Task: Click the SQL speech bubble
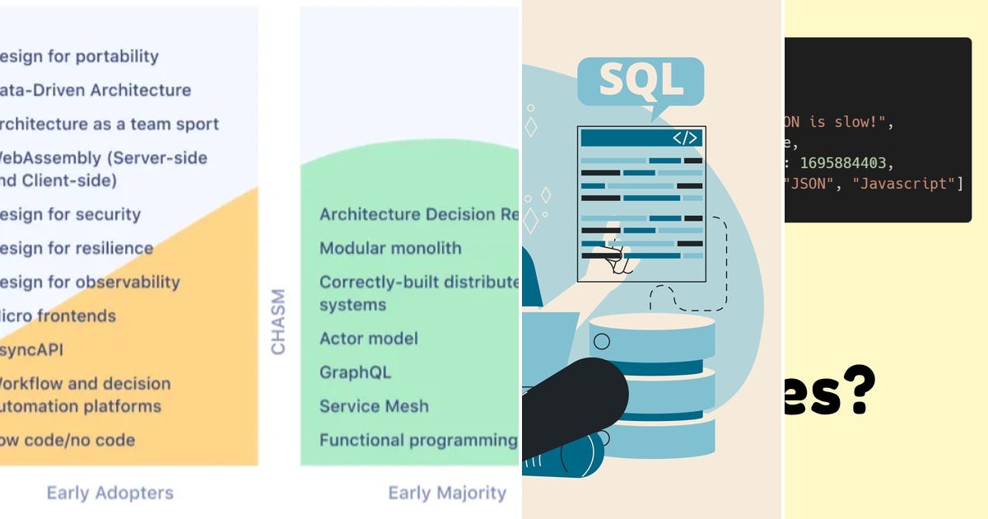(641, 81)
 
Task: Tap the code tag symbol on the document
(685, 138)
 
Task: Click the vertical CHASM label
(278, 321)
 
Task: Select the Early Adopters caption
(110, 493)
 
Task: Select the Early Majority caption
(447, 493)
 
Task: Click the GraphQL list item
(355, 372)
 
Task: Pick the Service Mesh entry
(374, 406)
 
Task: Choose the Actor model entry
(369, 339)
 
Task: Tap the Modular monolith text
(390, 248)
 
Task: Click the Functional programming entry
(418, 440)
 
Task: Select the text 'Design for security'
(69, 214)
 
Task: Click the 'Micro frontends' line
(57, 316)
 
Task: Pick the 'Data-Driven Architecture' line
(95, 90)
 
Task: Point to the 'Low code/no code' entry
(67, 440)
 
